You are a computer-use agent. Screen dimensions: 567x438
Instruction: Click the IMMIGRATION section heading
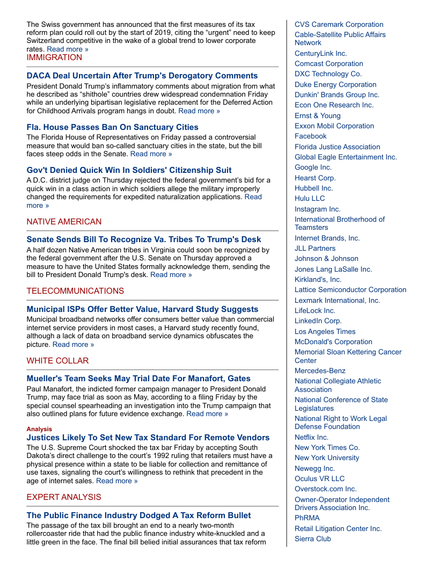click(54, 57)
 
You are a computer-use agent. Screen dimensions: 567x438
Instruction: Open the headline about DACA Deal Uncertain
click(142, 76)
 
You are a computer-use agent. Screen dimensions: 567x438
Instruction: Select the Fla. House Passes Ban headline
click(113, 127)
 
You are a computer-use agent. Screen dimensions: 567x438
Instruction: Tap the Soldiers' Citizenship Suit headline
click(129, 170)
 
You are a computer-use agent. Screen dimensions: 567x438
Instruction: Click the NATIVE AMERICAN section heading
click(64, 222)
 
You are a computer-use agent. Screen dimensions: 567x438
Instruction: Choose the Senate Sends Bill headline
click(144, 239)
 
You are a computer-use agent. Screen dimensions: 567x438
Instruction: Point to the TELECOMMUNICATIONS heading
click(75, 291)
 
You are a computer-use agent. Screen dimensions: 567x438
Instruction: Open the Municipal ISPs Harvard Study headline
click(142, 309)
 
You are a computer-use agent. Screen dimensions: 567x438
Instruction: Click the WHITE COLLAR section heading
click(57, 361)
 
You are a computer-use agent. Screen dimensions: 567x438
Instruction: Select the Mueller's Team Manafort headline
click(138, 379)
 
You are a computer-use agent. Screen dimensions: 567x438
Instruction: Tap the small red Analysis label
click(39, 429)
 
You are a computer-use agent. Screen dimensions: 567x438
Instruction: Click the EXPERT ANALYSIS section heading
click(64, 497)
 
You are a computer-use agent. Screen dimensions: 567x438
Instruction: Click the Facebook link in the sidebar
click(310, 136)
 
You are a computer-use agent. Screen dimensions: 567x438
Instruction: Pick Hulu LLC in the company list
click(310, 198)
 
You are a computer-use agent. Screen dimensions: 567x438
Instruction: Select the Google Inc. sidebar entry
click(313, 167)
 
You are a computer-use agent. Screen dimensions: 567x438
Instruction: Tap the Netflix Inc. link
click(311, 437)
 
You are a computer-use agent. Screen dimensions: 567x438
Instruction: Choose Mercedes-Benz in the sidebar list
click(320, 370)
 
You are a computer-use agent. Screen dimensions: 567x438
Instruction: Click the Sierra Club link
click(312, 539)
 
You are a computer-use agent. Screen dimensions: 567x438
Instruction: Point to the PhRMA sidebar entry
click(307, 518)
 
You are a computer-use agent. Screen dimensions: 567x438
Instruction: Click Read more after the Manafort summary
click(207, 414)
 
